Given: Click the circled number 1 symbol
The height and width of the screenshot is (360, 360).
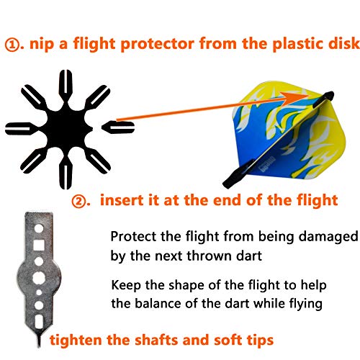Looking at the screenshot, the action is pyautogui.click(x=12, y=45).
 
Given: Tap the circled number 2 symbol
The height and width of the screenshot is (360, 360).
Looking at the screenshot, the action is pyautogui.click(x=79, y=201).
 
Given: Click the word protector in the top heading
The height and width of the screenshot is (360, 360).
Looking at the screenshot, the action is pyautogui.click(x=157, y=44).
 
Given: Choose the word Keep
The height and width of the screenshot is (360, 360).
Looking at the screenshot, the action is pyautogui.click(x=126, y=286).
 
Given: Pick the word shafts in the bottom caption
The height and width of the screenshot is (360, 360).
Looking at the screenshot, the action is pyautogui.click(x=156, y=340).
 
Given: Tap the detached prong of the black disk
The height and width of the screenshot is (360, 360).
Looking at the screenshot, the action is pyautogui.click(x=118, y=127).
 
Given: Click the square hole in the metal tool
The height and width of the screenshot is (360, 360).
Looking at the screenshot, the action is pyautogui.click(x=38, y=245).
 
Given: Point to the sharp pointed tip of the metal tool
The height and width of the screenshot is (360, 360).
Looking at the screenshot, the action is pyautogui.click(x=38, y=345).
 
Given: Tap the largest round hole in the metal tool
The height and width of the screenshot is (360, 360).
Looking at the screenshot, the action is pyautogui.click(x=38, y=278).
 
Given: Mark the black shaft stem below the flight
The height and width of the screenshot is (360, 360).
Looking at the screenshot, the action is pyautogui.click(x=238, y=174).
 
